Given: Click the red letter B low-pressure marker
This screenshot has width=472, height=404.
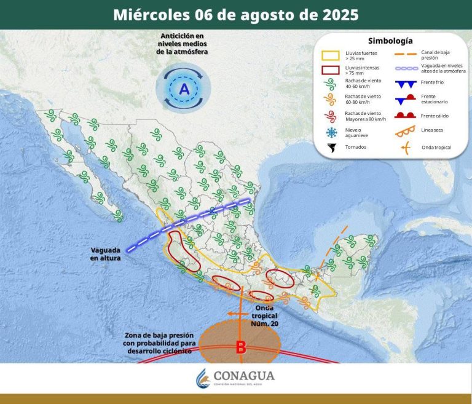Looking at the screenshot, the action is pyautogui.click(x=241, y=348).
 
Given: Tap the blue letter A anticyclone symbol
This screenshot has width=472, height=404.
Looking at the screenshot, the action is pyautogui.click(x=183, y=90).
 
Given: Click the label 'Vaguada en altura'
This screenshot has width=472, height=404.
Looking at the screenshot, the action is pyautogui.click(x=105, y=254).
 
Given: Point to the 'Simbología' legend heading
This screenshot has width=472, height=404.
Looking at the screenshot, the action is pyautogui.click(x=390, y=41).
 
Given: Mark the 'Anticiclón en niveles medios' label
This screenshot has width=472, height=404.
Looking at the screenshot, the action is pyautogui.click(x=183, y=44).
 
